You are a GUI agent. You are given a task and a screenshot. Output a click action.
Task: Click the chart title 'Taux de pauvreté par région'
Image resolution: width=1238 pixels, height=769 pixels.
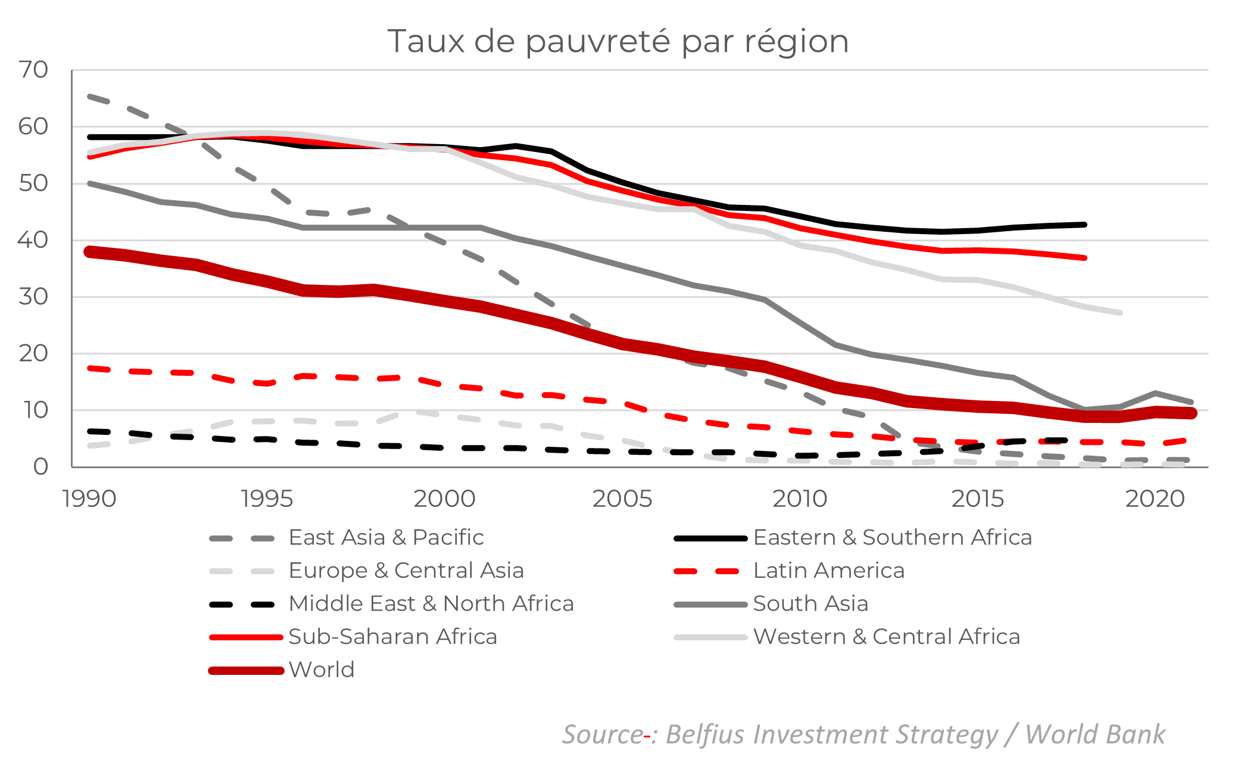[x=618, y=41]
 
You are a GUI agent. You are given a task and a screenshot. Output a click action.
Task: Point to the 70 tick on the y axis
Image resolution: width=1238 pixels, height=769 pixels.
[x=33, y=70]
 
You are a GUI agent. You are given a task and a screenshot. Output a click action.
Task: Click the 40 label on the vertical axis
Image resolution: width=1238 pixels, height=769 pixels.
[x=33, y=240]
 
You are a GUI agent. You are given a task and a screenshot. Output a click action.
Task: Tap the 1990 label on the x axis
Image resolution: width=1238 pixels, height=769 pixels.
[x=89, y=499]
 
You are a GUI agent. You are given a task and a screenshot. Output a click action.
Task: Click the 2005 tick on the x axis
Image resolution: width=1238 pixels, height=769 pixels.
[x=622, y=499]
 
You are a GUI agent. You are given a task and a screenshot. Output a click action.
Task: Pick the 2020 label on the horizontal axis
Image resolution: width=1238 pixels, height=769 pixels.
[x=1155, y=499]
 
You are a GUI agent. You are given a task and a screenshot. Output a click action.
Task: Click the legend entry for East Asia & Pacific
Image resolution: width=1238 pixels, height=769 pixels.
[x=386, y=537]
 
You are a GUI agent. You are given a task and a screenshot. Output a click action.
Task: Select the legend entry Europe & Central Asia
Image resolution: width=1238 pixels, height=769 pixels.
[x=406, y=570]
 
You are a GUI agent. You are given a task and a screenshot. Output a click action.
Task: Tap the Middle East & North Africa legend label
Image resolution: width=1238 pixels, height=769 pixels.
[x=431, y=603]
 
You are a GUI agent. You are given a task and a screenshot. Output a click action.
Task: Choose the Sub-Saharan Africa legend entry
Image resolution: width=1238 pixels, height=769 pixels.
[x=392, y=636]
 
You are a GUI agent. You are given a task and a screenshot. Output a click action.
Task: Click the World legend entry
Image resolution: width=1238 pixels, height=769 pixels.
[x=322, y=670]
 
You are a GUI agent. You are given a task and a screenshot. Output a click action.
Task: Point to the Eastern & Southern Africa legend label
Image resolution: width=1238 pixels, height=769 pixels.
[x=892, y=537]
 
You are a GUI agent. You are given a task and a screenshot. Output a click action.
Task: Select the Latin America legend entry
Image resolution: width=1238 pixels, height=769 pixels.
[x=829, y=570]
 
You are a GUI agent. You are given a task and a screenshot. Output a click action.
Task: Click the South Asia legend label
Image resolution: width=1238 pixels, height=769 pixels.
[x=810, y=603]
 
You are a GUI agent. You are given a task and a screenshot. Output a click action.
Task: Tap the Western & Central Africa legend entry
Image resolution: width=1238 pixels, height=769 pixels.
[x=887, y=636]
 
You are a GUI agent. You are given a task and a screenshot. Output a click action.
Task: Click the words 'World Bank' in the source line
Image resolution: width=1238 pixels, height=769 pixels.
[x=1094, y=734]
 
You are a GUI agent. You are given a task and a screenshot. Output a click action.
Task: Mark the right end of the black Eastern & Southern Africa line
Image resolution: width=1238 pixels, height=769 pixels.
[x=1084, y=225]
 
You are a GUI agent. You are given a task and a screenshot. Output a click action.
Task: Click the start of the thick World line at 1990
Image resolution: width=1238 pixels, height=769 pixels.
[x=90, y=252]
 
